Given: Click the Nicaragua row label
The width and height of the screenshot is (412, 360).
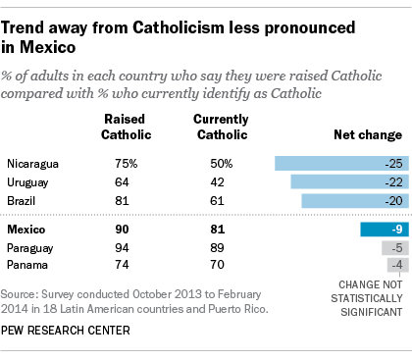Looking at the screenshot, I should (32, 163).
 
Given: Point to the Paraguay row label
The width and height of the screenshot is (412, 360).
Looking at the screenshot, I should (31, 247).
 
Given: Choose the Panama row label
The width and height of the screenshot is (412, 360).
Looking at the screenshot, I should (28, 265).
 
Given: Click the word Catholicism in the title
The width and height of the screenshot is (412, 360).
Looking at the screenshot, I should (164, 20).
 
